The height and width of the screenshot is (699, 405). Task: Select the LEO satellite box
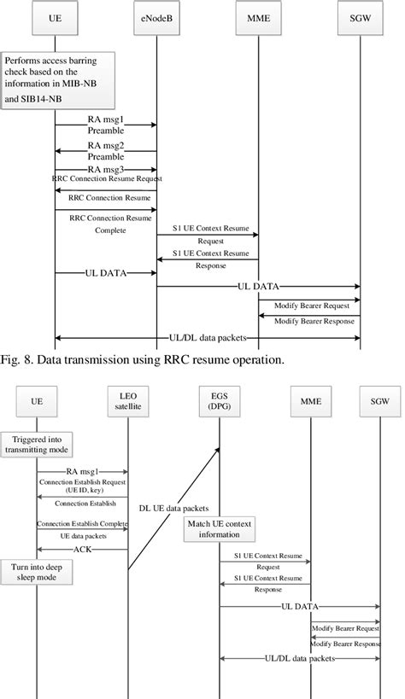[128, 399]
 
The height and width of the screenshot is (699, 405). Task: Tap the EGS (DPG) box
[220, 399]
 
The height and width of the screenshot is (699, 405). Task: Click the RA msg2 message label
[106, 151]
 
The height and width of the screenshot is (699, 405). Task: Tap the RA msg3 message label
[106, 170]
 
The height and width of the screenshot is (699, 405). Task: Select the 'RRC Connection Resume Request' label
[106, 179]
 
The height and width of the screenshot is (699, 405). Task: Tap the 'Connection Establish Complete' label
[82, 523]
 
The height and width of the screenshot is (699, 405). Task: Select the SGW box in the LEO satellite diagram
[379, 399]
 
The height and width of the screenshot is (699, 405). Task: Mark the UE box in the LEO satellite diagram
[37, 399]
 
